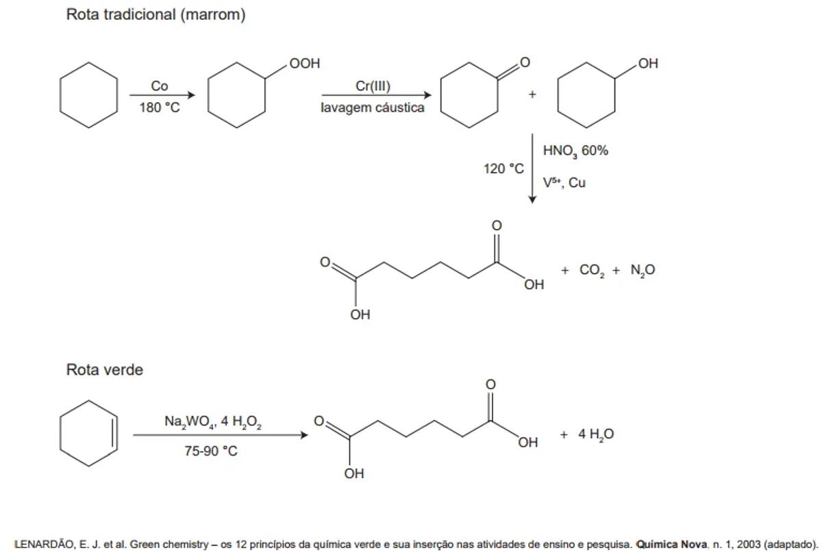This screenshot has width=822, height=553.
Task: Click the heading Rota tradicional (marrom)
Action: click(x=155, y=15)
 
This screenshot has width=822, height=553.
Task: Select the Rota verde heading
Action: click(x=105, y=370)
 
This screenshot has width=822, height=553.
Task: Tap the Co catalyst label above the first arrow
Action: click(x=160, y=86)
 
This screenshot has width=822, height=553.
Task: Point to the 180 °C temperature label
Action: click(x=160, y=108)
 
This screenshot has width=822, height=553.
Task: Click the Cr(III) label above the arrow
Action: click(x=373, y=86)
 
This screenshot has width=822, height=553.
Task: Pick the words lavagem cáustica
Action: click(x=373, y=108)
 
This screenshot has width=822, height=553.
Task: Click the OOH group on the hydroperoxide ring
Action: click(x=304, y=64)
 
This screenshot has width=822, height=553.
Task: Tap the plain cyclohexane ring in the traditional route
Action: click(x=88, y=95)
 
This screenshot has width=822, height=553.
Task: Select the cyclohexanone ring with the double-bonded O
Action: click(x=469, y=95)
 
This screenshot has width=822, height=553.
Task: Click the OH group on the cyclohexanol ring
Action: click(x=647, y=64)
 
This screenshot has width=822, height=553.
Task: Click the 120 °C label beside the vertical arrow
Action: click(x=503, y=169)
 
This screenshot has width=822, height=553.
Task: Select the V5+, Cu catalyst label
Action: click(x=564, y=183)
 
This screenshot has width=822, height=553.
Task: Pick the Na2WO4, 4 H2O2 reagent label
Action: click(x=213, y=422)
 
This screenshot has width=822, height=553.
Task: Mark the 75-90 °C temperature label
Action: click(x=211, y=452)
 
